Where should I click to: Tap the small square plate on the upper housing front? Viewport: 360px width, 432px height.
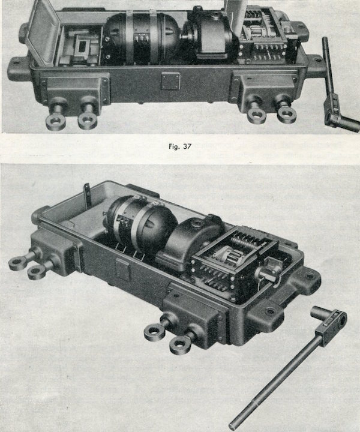click(170, 80)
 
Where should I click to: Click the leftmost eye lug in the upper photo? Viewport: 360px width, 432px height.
click(56, 119)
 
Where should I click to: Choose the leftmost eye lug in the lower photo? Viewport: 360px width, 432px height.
click(19, 262)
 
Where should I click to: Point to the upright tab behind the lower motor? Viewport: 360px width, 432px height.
click(88, 193)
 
